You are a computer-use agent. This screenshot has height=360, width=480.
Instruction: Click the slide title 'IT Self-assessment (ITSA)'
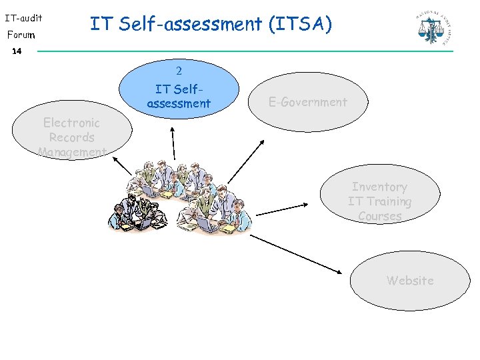click(x=211, y=25)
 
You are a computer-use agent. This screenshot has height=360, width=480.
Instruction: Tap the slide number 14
click(x=17, y=51)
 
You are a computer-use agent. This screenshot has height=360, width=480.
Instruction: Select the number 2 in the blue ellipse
click(x=179, y=71)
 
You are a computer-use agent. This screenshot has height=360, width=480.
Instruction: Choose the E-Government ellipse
click(x=308, y=102)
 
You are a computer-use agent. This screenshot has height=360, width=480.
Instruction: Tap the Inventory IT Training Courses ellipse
click(x=379, y=193)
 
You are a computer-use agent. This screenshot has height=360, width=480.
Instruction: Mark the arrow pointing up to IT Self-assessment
click(x=173, y=143)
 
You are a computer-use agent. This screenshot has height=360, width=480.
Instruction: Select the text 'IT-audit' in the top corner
click(x=23, y=18)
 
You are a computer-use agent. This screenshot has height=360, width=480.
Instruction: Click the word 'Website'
click(x=410, y=281)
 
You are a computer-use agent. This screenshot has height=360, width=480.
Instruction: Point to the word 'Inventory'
click(x=379, y=187)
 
